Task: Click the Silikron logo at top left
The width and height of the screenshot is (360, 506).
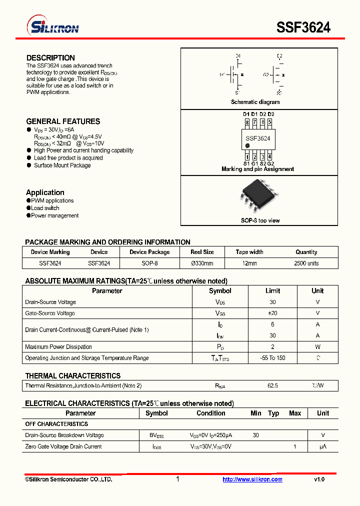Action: pos(52,27)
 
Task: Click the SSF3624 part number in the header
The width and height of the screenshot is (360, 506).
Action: pos(303,27)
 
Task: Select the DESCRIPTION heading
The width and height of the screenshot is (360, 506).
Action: pos(50,58)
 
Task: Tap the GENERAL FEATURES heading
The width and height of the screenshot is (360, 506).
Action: pos(63,121)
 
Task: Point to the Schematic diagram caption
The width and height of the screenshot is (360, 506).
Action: pos(255,102)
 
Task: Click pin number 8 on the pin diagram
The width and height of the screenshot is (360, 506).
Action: pos(247,121)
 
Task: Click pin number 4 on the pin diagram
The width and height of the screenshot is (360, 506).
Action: pos(269,156)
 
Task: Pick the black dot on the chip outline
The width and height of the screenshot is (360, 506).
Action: pos(247,146)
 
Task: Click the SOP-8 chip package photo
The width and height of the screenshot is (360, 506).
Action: pos(258,196)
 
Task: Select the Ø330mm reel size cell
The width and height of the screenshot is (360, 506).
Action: pos(202,263)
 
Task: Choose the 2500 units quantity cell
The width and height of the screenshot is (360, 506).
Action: pos(306,263)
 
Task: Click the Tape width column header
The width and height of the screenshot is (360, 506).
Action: pos(249,252)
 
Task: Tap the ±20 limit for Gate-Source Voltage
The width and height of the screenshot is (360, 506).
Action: pos(272,313)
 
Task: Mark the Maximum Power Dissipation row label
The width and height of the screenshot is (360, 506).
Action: pos(58,347)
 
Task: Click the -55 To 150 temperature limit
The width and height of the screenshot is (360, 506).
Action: pos(272,358)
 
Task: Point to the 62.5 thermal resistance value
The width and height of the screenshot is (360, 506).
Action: pos(272,386)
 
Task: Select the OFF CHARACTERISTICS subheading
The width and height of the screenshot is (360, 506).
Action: pos(56,424)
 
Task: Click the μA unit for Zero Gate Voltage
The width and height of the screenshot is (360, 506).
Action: pos(323,446)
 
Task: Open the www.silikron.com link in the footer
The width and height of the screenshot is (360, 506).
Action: pos(252,479)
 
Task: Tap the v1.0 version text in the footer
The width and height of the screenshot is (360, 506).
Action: pos(319,479)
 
